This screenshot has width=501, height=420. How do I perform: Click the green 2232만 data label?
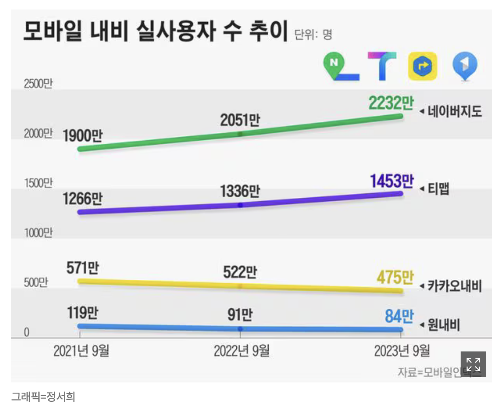point(391,103)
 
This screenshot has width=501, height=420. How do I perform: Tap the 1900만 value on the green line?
point(82,136)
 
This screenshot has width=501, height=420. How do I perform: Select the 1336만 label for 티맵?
point(240,191)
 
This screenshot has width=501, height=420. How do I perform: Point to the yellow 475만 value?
point(395,277)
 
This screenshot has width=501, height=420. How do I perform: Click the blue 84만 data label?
point(399,316)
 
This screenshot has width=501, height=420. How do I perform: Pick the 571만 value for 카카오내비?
point(82,268)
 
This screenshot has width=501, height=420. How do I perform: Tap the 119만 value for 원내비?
point(82,313)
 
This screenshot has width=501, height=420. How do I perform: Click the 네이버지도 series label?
point(454,111)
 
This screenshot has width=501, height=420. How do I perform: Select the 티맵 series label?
point(438,189)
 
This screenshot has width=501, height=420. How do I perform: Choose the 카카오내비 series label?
point(454,286)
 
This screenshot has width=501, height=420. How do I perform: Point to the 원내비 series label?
point(444,325)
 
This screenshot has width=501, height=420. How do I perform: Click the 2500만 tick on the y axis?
point(38,84)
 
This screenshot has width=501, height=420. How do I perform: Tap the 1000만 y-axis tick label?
point(38,233)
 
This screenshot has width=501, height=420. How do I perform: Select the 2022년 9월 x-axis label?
point(241,351)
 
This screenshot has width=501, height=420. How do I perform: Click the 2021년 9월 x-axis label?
point(81,351)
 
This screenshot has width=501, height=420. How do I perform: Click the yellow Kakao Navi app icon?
point(422,66)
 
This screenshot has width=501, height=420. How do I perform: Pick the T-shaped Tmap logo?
point(381,66)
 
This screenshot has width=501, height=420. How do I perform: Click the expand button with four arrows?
point(473,364)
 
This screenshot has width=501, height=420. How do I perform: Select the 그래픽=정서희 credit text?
point(43,397)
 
